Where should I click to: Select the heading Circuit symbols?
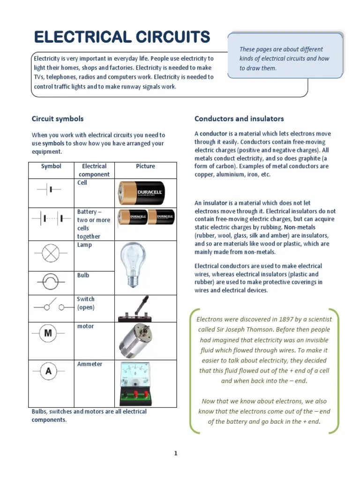click(57, 119)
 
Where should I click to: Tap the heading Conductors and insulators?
click(239, 119)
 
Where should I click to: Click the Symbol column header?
click(51, 166)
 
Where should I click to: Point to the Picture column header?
click(145, 166)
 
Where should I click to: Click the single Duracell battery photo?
click(141, 193)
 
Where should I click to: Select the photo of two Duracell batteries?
click(146, 217)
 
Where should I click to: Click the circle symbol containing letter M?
click(48, 333)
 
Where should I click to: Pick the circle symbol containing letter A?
click(48, 372)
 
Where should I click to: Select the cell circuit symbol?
click(49, 190)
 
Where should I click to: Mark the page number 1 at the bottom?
click(176, 453)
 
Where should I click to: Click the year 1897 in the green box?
click(273, 319)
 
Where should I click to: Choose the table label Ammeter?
click(90, 364)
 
